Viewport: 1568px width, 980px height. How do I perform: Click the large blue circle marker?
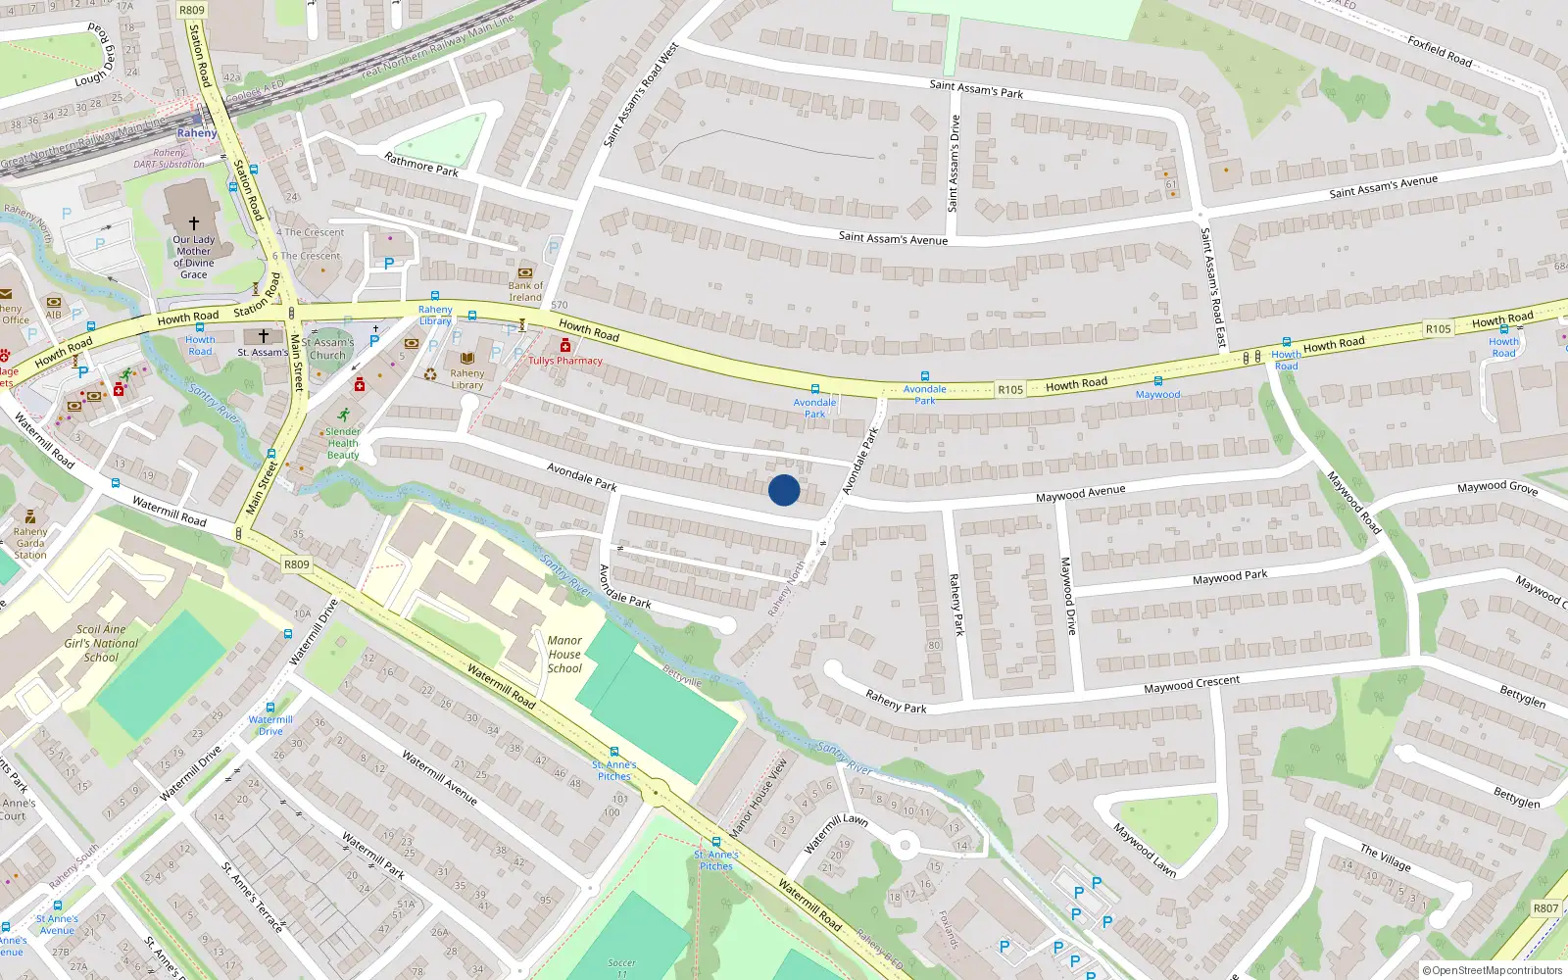click(784, 490)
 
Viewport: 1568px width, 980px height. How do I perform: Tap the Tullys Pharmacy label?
click(565, 361)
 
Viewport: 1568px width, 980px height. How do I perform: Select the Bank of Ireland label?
click(525, 292)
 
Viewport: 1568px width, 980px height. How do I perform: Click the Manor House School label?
click(564, 655)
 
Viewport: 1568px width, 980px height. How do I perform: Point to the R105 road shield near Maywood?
click(1010, 389)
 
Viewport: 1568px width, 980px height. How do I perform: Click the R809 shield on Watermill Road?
click(296, 564)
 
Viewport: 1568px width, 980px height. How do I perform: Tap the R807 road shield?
click(1545, 908)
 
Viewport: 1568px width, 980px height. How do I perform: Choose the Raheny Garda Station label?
click(30, 543)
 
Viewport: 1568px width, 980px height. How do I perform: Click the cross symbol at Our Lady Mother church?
click(194, 223)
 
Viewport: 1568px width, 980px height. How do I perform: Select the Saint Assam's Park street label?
click(976, 89)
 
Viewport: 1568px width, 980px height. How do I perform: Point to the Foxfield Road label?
click(1440, 52)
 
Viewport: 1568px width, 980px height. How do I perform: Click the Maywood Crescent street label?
click(1192, 684)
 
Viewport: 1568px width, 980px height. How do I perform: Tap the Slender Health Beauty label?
click(343, 443)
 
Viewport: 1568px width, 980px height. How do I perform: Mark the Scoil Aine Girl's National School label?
click(101, 644)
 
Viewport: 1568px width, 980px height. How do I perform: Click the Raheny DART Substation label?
click(170, 159)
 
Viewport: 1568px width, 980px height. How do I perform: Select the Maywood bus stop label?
click(1157, 395)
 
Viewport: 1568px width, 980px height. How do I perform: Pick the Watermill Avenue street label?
click(440, 778)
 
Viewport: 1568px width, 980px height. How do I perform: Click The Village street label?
click(1386, 857)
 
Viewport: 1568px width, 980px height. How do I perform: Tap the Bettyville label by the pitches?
click(682, 675)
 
